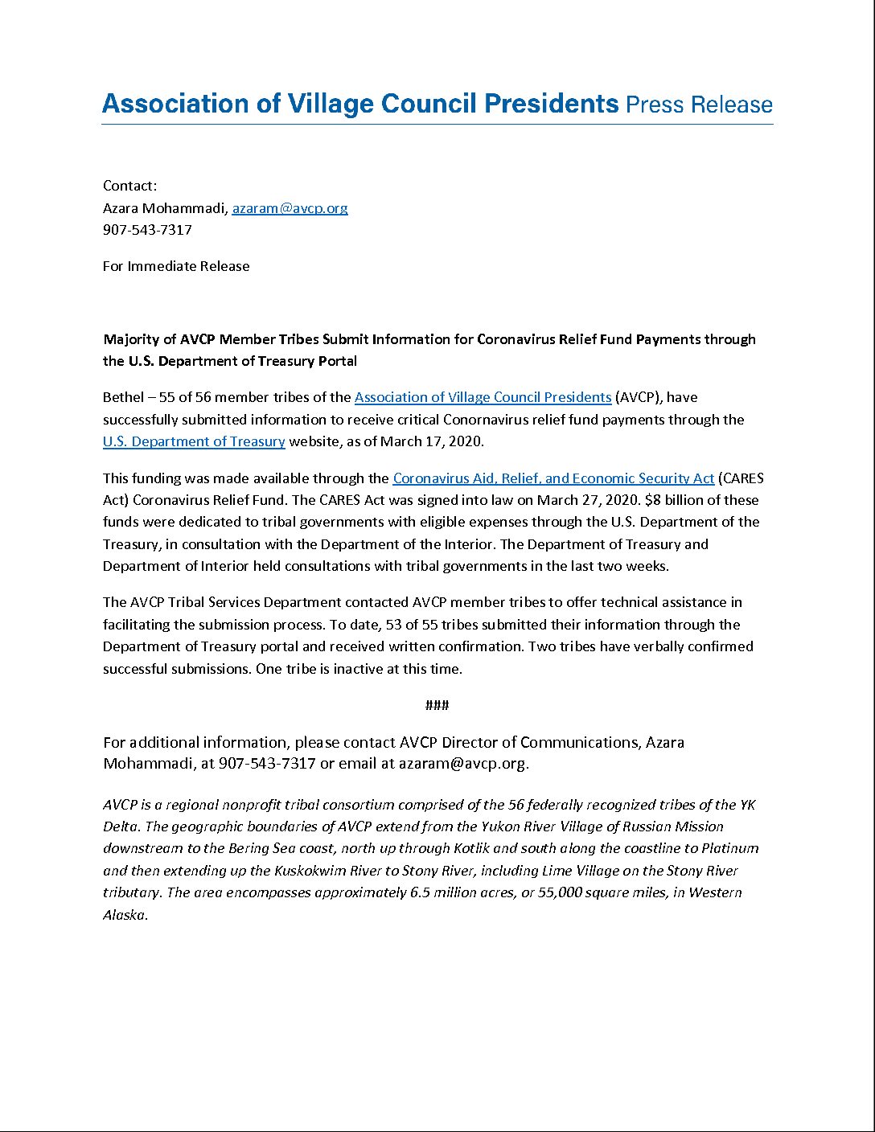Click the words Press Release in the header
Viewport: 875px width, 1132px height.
pyautogui.click(x=698, y=105)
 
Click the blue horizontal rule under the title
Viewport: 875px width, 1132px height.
pyautogui.click(x=437, y=124)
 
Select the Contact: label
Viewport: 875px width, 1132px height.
pyautogui.click(x=129, y=186)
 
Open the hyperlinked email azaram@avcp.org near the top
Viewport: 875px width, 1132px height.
pyautogui.click(x=290, y=208)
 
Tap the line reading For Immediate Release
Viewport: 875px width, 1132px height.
pyautogui.click(x=176, y=266)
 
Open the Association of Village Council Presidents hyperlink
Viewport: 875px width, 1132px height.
pyautogui.click(x=483, y=397)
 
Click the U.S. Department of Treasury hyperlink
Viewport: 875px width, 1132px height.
pyautogui.click(x=194, y=441)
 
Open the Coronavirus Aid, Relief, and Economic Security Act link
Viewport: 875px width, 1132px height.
pyautogui.click(x=553, y=478)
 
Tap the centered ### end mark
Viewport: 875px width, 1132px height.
pyautogui.click(x=437, y=705)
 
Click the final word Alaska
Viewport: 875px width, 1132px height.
pyautogui.click(x=124, y=915)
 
